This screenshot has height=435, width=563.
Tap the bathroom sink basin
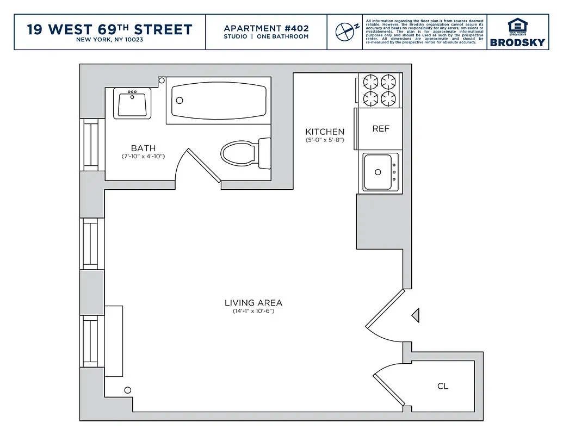[131, 103]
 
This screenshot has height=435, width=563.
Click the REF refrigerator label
[381, 129]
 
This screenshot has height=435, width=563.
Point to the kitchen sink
[379, 171]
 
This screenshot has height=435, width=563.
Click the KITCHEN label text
[325, 132]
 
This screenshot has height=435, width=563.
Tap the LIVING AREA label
[253, 303]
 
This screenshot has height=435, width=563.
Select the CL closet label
[443, 386]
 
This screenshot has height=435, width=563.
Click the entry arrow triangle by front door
[416, 315]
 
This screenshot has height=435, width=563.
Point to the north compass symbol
[345, 31]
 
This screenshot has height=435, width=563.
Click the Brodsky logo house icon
[517, 26]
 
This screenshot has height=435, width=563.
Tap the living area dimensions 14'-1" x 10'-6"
[253, 312]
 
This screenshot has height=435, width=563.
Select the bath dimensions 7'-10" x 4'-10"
[143, 157]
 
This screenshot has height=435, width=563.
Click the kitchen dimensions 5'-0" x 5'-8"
[325, 140]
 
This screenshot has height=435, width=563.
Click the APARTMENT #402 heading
[266, 28]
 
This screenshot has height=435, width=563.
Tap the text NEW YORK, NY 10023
[109, 40]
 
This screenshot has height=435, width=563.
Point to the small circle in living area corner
[128, 390]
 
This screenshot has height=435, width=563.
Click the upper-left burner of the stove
[370, 82]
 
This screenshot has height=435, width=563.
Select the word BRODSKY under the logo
[517, 42]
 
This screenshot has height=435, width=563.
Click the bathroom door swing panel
[204, 165]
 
